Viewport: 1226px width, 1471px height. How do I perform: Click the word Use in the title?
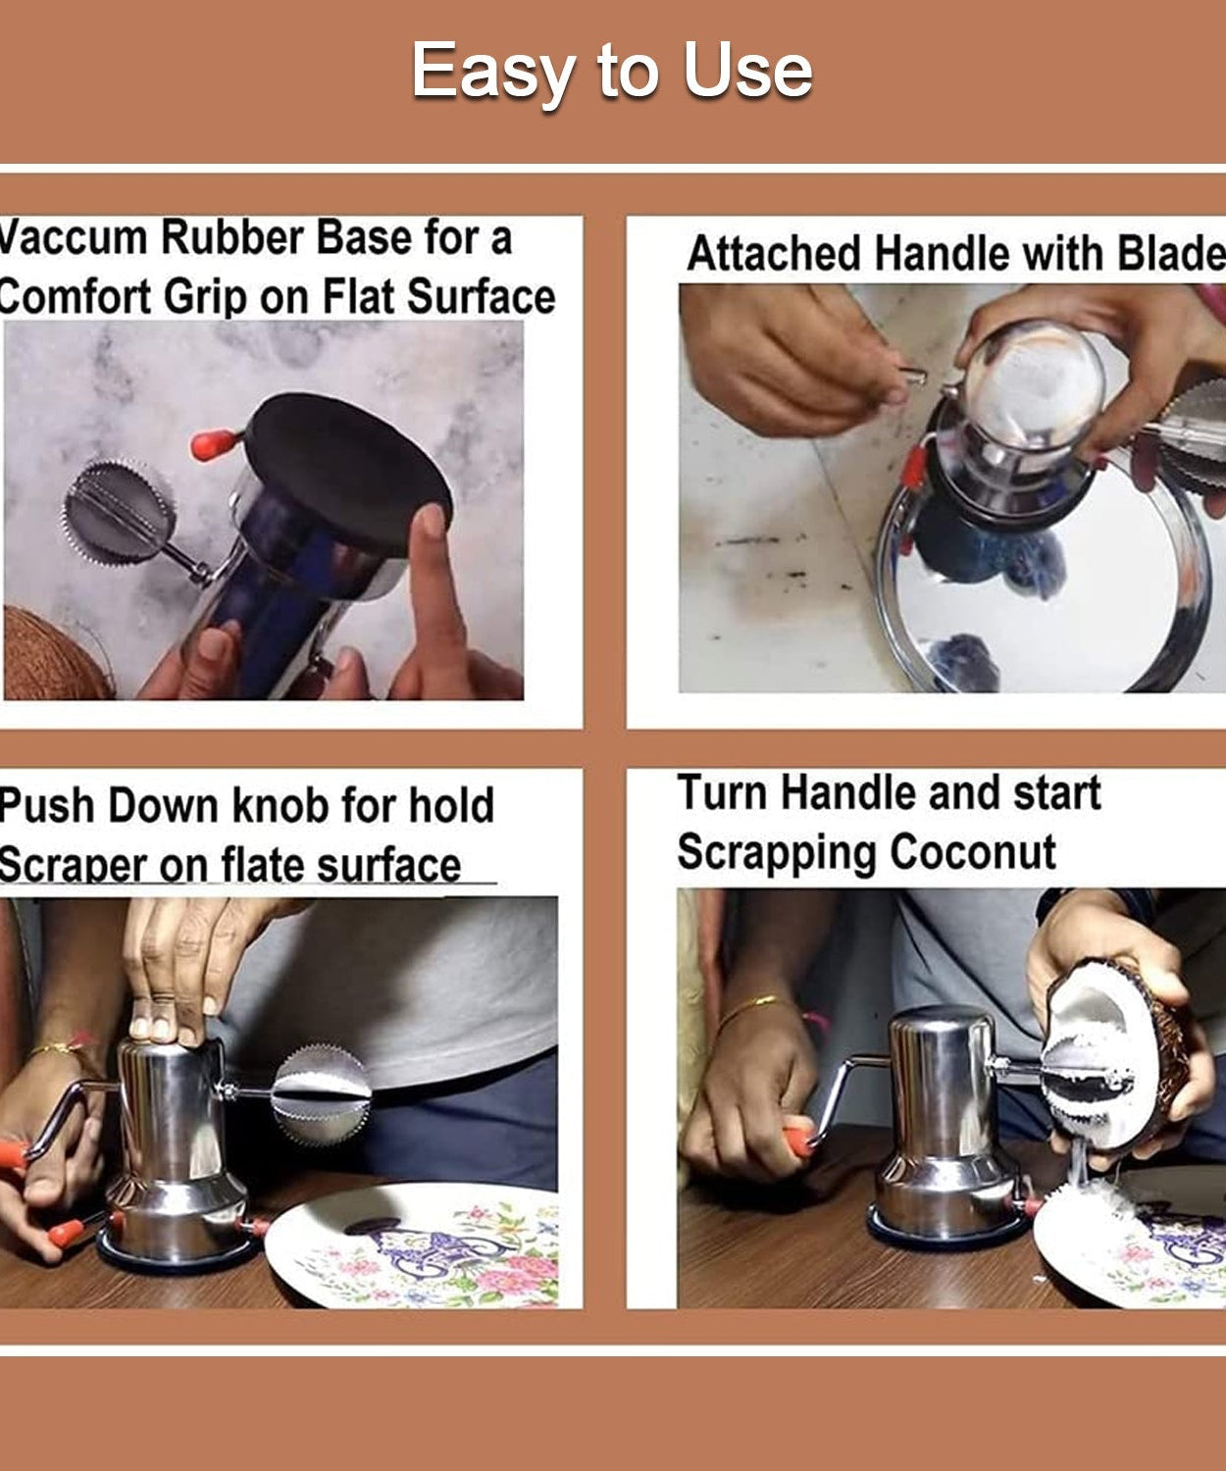click(747, 72)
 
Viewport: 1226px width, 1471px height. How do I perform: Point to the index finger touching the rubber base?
click(430, 569)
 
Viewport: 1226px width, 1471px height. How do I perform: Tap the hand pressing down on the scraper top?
click(177, 971)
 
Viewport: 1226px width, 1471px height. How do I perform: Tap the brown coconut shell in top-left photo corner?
click(54, 652)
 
